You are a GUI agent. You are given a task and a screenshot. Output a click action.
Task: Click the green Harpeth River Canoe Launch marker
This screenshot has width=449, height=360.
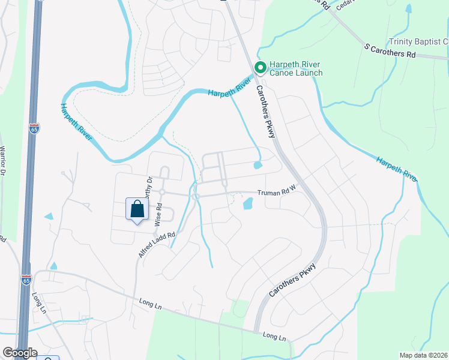click(260, 67)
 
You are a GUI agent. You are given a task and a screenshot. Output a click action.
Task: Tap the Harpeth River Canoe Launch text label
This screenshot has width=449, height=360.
click(295, 69)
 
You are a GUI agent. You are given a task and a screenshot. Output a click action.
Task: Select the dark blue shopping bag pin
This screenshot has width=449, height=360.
click(137, 210)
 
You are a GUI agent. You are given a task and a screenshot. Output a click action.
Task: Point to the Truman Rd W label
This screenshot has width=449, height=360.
click(277, 193)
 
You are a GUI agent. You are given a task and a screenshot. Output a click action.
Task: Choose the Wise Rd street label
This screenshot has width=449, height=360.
click(159, 213)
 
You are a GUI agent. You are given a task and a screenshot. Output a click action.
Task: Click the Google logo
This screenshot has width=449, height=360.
click(19, 353)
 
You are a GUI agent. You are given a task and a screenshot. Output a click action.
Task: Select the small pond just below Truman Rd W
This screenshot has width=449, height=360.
click(248, 204)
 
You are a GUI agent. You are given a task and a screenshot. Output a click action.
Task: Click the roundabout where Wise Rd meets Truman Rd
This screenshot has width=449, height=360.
click(162, 191)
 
